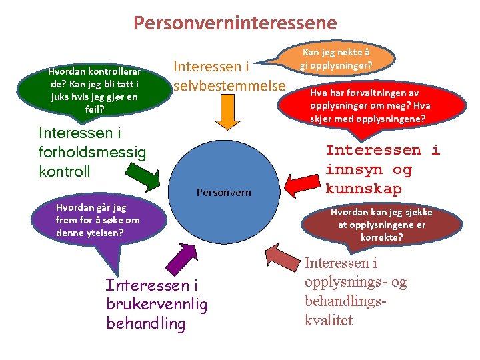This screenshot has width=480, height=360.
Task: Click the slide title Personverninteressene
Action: point(235,24)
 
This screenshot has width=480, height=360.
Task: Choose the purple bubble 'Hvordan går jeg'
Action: point(97,221)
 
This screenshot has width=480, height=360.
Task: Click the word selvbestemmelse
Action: point(229,86)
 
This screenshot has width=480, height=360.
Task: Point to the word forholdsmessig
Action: point(92,151)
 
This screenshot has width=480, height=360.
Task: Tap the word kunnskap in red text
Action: point(363,189)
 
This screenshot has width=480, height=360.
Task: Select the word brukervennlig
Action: point(156,305)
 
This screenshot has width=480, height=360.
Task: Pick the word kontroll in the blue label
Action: point(65,171)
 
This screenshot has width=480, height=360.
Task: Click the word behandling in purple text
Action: point(145,324)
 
